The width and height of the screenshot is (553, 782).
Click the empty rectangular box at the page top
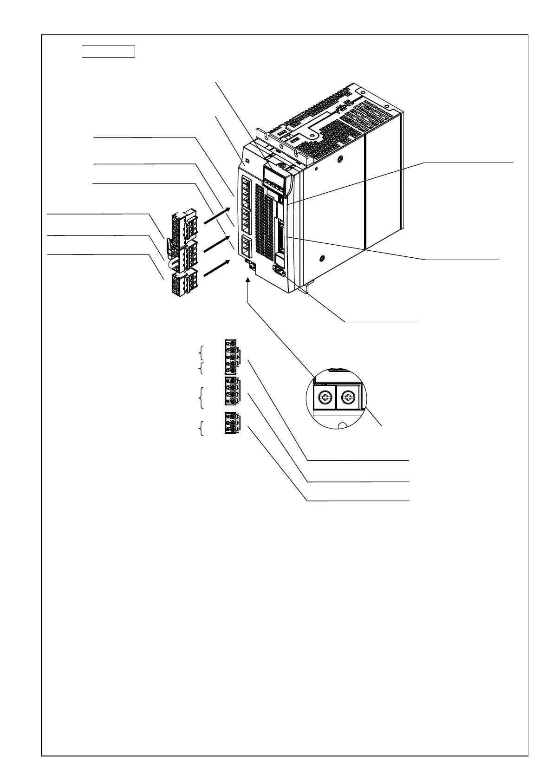[x=108, y=51]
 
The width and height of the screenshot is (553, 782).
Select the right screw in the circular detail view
[x=348, y=398]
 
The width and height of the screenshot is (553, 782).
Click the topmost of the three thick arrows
[x=216, y=216]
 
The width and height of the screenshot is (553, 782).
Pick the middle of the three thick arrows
[x=216, y=243]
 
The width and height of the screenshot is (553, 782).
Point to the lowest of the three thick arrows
[x=216, y=268]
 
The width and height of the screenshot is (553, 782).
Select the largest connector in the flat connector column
[x=232, y=356]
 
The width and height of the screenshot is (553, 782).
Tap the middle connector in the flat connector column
[x=232, y=391]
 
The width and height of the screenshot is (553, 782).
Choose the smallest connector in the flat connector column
[x=231, y=423]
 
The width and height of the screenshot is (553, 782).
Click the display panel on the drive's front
[x=274, y=177]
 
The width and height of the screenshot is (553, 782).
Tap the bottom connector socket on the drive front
[x=246, y=247]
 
